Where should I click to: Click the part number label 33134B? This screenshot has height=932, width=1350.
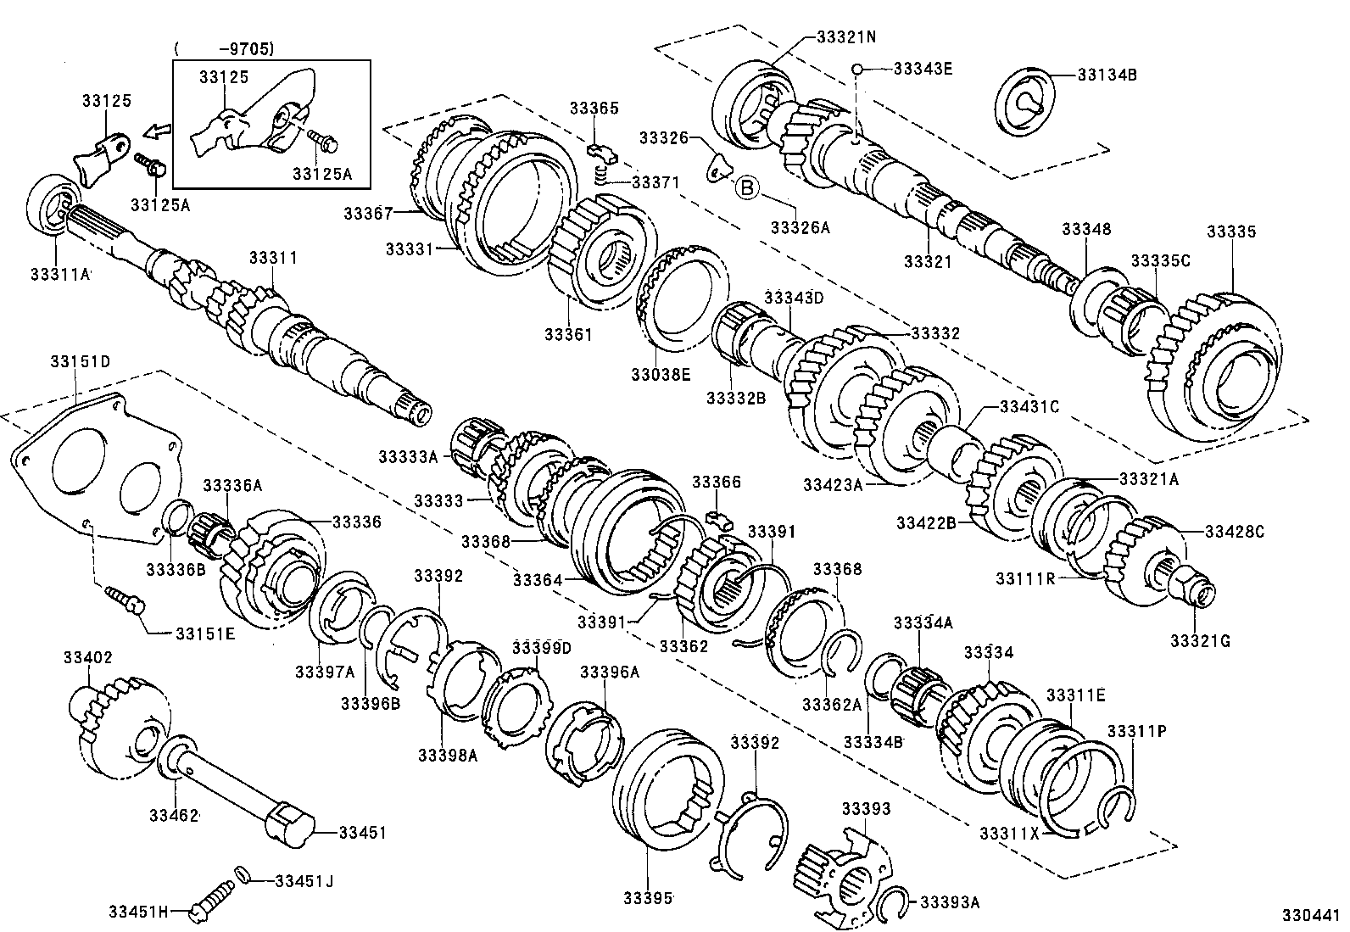(1107, 75)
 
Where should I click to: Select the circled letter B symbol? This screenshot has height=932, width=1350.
(746, 187)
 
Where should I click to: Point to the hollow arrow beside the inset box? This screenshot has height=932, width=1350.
(156, 131)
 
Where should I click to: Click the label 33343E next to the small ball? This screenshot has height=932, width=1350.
(923, 68)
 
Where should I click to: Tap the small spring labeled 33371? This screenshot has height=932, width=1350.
(600, 175)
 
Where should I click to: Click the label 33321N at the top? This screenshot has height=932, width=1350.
(846, 37)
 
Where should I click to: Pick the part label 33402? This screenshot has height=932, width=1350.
(88, 657)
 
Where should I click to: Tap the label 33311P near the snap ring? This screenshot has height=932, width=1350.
(1135, 730)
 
